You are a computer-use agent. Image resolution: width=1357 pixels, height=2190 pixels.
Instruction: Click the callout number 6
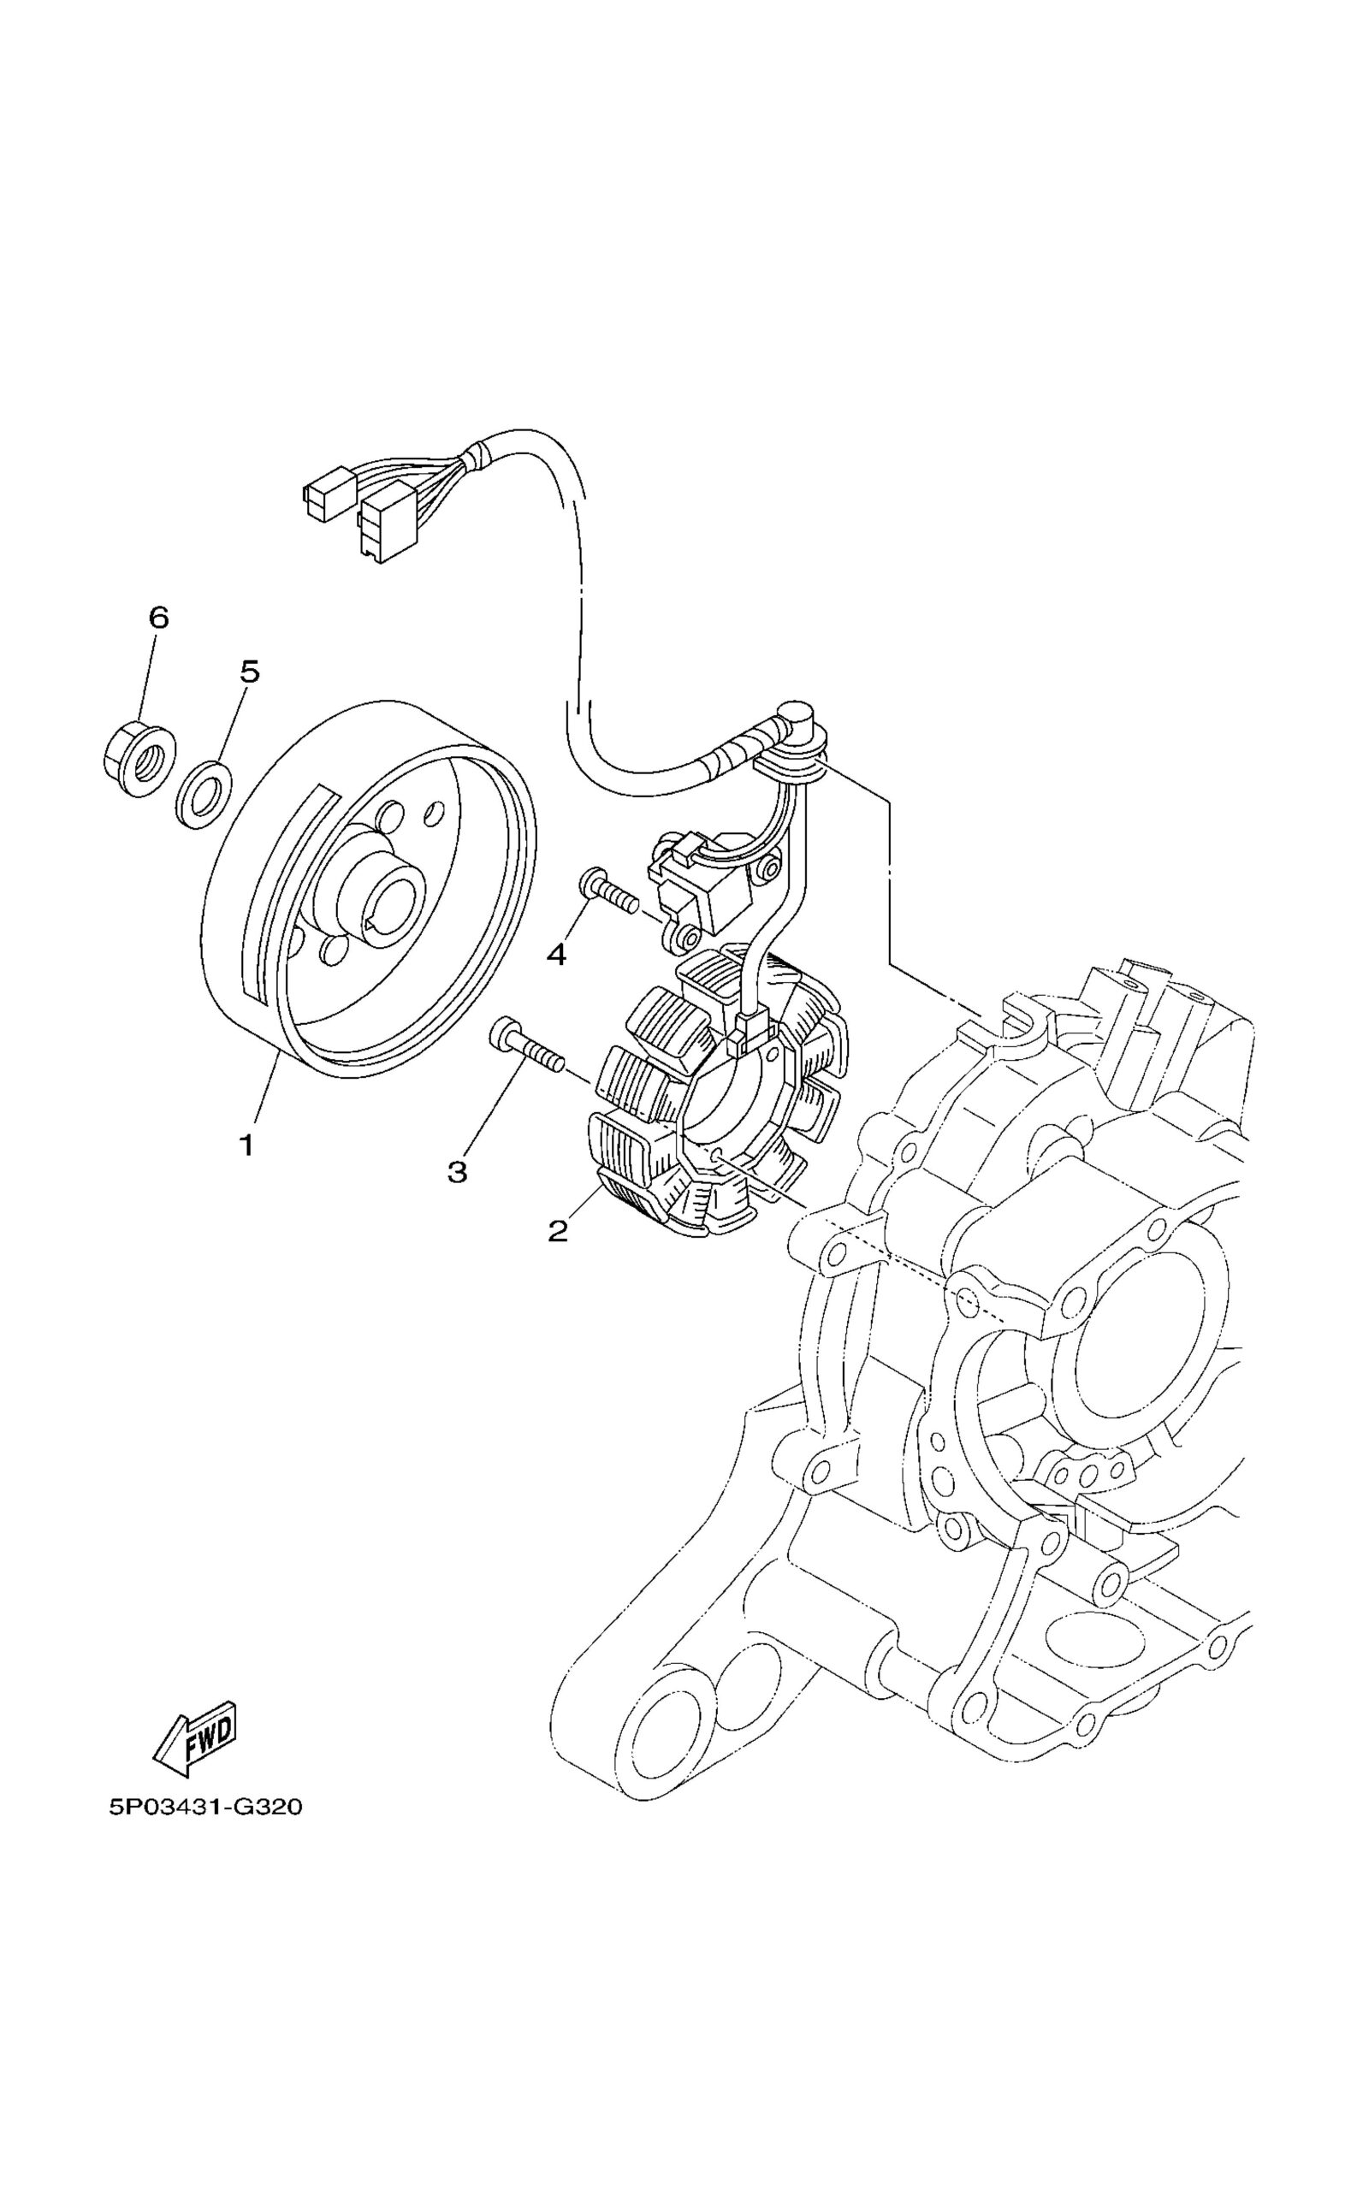pyautogui.click(x=158, y=618)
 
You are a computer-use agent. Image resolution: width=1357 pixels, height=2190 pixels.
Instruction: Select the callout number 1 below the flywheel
pyautogui.click(x=245, y=1145)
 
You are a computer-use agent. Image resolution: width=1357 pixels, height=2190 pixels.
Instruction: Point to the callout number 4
pyautogui.click(x=556, y=956)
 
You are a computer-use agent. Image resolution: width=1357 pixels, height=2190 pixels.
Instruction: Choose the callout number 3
pyautogui.click(x=458, y=1171)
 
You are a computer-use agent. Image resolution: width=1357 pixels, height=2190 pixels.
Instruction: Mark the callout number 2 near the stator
pyautogui.click(x=557, y=1232)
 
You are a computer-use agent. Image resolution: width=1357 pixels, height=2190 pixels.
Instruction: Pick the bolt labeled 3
pyautogui.click(x=526, y=1048)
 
